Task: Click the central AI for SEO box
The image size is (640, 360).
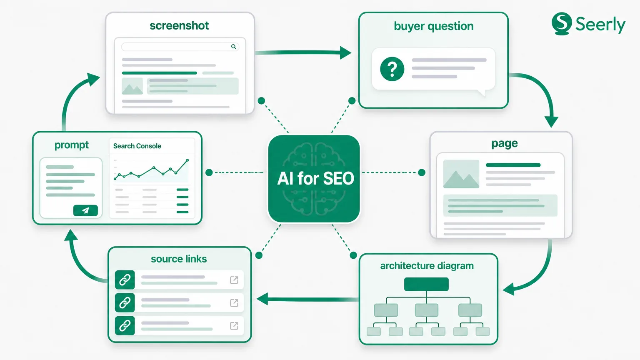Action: click(314, 179)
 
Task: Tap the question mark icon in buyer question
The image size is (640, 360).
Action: click(392, 69)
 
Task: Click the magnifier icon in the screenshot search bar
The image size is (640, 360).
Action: click(234, 47)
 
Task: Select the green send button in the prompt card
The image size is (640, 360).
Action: click(85, 210)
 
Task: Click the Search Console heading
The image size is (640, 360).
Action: click(137, 146)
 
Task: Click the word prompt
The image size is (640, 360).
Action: click(71, 145)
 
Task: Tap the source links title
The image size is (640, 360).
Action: click(179, 259)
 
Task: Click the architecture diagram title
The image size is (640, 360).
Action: click(427, 266)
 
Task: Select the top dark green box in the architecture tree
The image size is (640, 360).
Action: click(426, 284)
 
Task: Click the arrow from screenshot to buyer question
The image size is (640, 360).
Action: click(303, 52)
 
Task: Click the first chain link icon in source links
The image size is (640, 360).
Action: click(125, 280)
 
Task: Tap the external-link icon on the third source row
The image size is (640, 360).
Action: click(234, 326)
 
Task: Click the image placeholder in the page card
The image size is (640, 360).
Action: click(461, 174)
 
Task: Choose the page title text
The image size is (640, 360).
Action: click(504, 143)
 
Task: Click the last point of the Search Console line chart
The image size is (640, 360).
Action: click(187, 160)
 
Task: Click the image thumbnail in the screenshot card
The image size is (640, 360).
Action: click(132, 86)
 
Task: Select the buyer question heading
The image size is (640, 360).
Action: click(433, 26)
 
